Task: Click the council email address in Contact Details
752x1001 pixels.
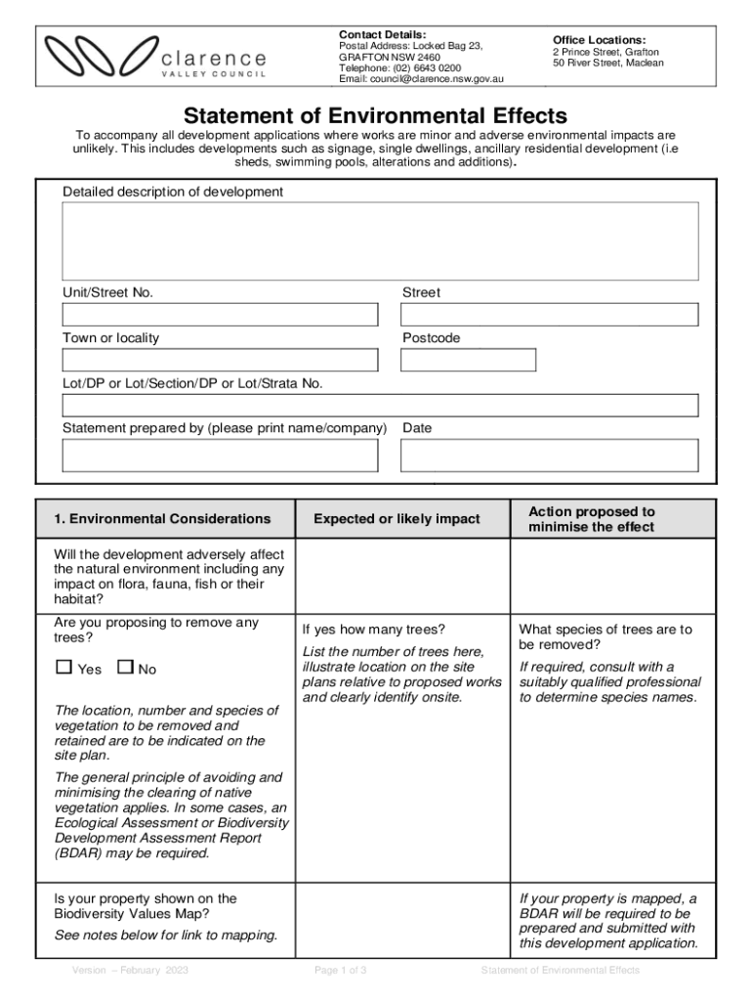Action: tap(421, 79)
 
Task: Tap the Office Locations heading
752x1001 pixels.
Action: tap(599, 39)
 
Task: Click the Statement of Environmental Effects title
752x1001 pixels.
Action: tap(376, 116)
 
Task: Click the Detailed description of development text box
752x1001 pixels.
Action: tap(380, 241)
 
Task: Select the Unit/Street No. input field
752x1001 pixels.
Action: tap(220, 315)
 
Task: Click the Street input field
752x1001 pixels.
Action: tap(550, 315)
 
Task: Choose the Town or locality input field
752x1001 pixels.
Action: tap(220, 360)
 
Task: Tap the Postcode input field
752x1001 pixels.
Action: tap(469, 360)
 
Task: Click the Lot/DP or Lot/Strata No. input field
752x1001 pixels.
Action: tap(380, 406)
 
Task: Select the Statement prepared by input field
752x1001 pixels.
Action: tap(220, 456)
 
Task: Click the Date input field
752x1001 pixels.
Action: tap(550, 456)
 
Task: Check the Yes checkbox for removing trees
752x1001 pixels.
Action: tap(64, 668)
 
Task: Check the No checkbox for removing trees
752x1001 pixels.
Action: tap(125, 668)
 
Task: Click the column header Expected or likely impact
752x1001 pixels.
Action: tap(397, 519)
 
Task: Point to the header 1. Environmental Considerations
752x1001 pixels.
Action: tap(162, 519)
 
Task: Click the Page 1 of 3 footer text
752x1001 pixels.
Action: tap(340, 971)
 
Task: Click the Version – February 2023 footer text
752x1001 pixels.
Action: tap(130, 971)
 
